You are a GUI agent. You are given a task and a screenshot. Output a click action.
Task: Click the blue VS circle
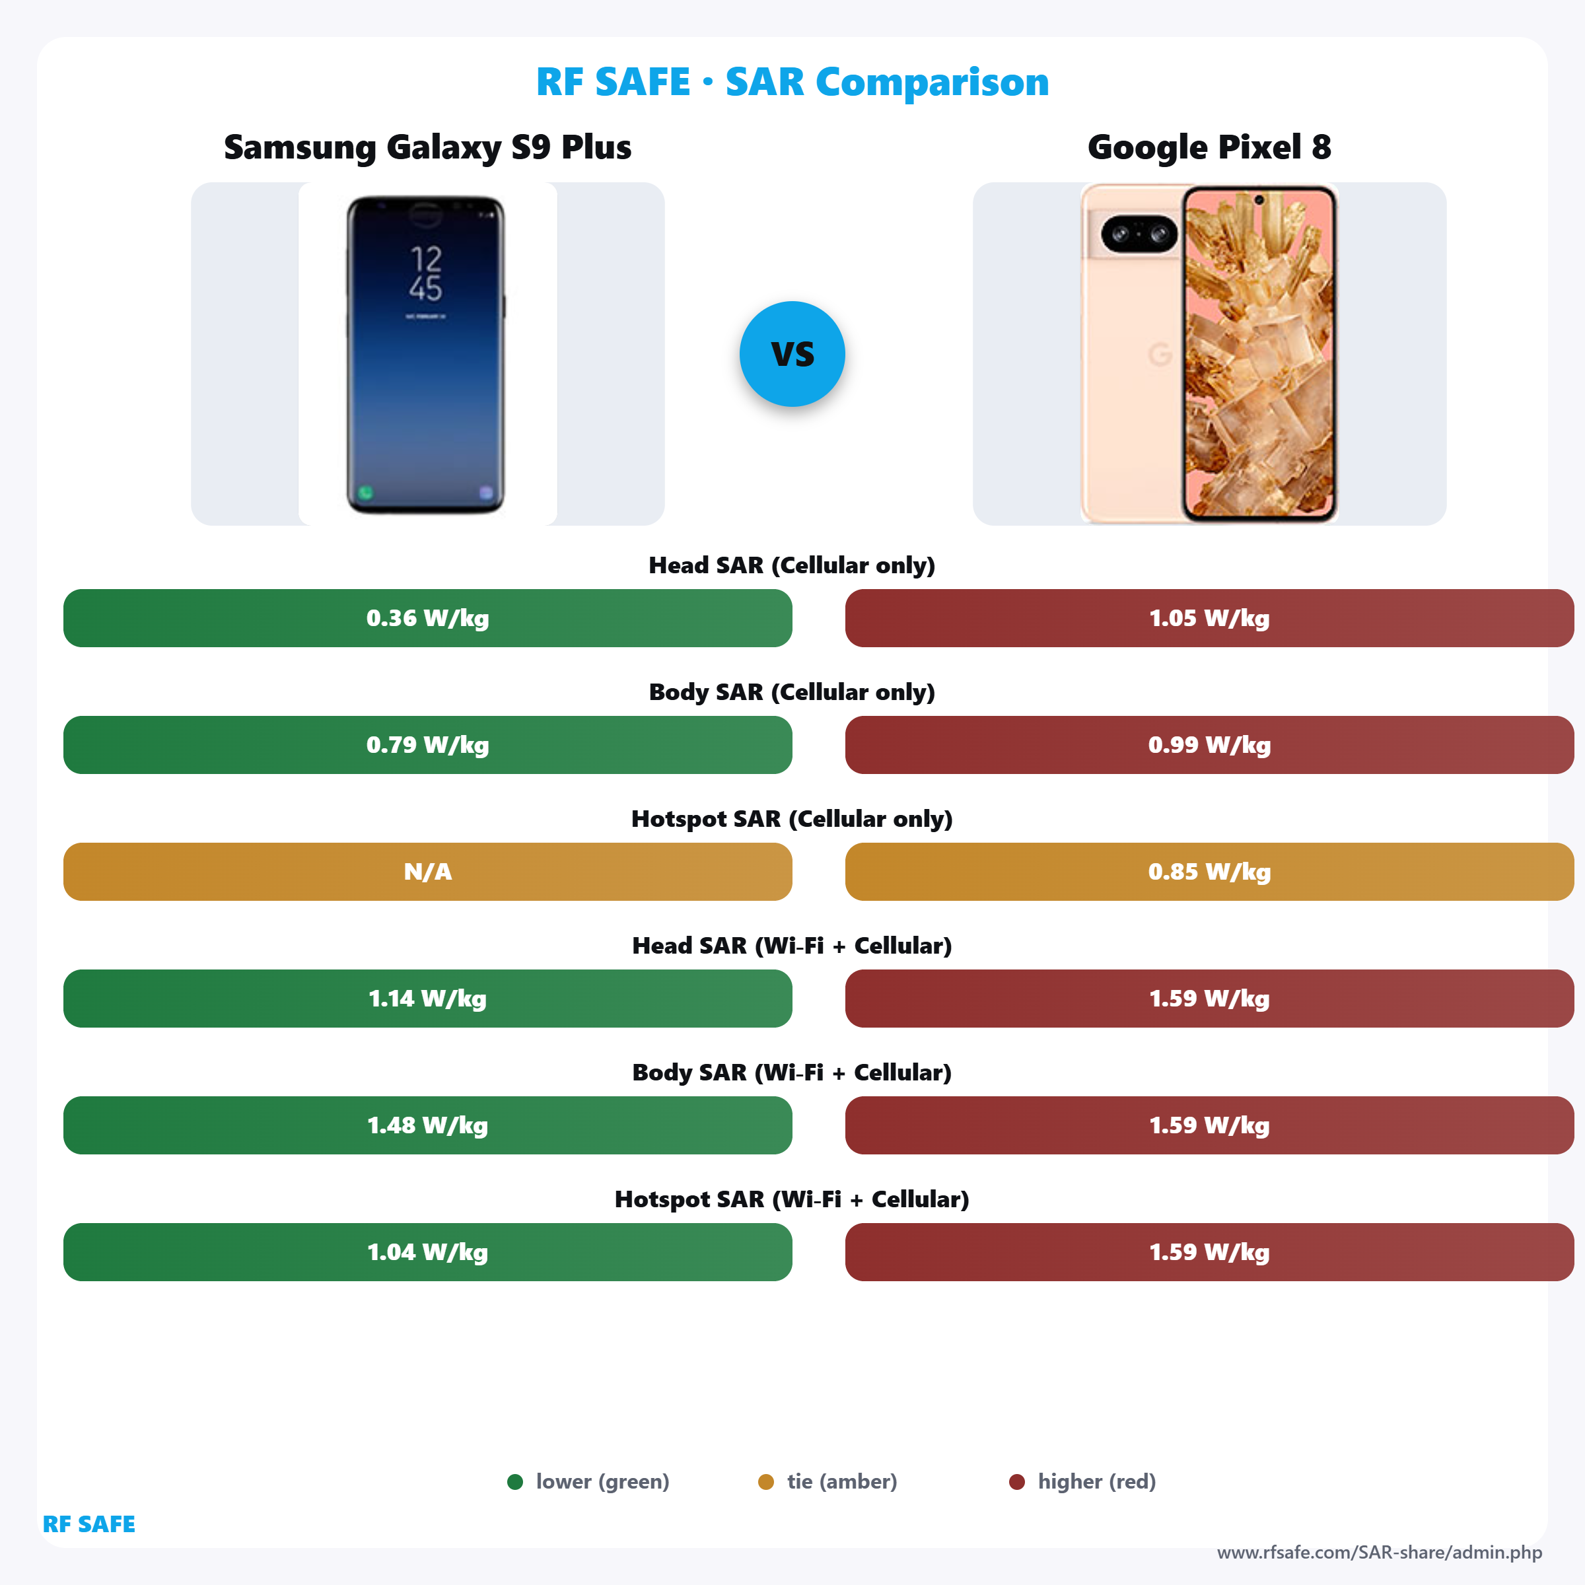[x=792, y=353]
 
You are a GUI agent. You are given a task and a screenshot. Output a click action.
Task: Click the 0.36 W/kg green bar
[x=427, y=617]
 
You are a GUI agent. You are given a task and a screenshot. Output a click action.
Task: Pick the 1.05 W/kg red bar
[x=1209, y=617]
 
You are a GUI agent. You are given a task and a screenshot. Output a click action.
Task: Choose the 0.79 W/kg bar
[x=427, y=745]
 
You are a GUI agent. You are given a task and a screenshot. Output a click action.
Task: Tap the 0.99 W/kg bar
[x=1209, y=745]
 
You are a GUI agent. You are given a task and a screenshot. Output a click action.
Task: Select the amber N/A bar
[x=427, y=871]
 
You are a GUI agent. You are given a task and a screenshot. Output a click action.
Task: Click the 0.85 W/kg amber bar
[x=1209, y=871]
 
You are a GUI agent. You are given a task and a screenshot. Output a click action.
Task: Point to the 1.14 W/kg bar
[x=427, y=999]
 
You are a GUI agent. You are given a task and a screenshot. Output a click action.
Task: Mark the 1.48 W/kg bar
[x=427, y=1125]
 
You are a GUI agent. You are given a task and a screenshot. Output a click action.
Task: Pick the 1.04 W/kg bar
[x=427, y=1252]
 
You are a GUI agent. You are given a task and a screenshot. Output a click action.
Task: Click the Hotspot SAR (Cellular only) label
[x=792, y=819]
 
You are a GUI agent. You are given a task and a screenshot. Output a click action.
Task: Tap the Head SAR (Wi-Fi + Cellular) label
[x=792, y=946]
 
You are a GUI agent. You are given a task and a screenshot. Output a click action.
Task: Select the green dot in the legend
[x=515, y=1481]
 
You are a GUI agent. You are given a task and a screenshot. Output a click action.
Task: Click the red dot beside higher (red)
[x=1016, y=1481]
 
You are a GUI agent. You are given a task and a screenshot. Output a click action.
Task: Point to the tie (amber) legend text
[x=842, y=1481]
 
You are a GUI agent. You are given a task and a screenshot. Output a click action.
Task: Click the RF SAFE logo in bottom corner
[x=88, y=1524]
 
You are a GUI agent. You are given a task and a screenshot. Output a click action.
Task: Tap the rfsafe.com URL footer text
[x=1379, y=1552]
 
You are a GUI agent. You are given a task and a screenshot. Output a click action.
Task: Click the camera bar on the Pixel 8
[x=1139, y=234]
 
